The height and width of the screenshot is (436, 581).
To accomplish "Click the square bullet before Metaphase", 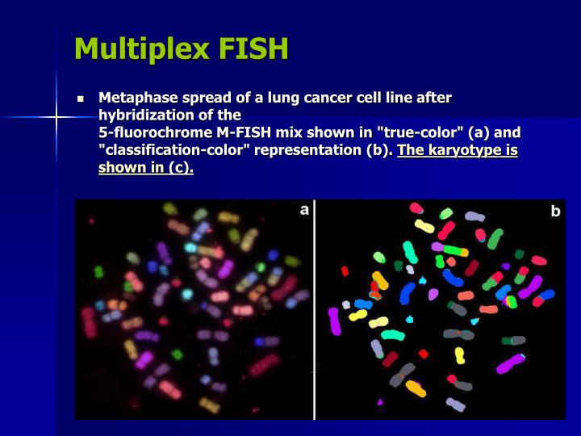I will point(81,99).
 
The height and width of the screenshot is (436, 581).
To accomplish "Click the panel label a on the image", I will point(304,210).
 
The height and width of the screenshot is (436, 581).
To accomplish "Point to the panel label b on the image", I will point(555,211).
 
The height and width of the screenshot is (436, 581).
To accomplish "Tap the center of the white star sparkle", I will point(56,118).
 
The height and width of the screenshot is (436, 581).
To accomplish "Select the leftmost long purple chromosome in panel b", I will point(334,321).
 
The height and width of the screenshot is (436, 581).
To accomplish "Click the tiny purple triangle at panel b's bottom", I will point(380,401).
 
